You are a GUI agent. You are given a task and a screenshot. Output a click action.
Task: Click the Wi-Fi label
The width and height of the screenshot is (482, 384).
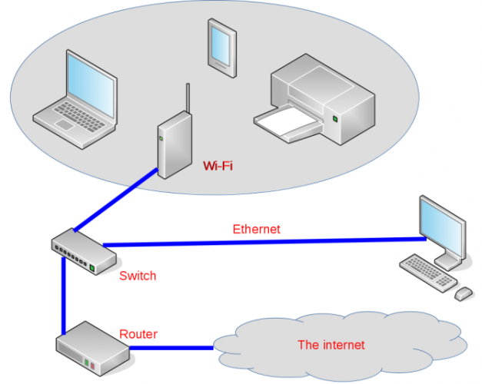(218, 165)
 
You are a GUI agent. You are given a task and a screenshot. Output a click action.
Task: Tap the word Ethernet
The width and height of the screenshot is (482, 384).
(256, 229)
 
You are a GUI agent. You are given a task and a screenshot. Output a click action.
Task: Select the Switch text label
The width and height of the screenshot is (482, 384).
(138, 276)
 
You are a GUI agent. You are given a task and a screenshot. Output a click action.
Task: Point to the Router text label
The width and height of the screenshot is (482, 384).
(138, 334)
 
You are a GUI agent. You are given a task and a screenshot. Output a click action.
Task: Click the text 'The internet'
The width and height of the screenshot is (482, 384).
(331, 345)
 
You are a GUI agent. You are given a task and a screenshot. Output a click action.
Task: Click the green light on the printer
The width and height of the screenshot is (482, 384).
(336, 119)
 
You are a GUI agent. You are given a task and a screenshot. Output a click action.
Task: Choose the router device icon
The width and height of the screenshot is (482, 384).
(91, 349)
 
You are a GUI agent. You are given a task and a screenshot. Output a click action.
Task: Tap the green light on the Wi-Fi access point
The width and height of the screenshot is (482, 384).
(161, 138)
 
